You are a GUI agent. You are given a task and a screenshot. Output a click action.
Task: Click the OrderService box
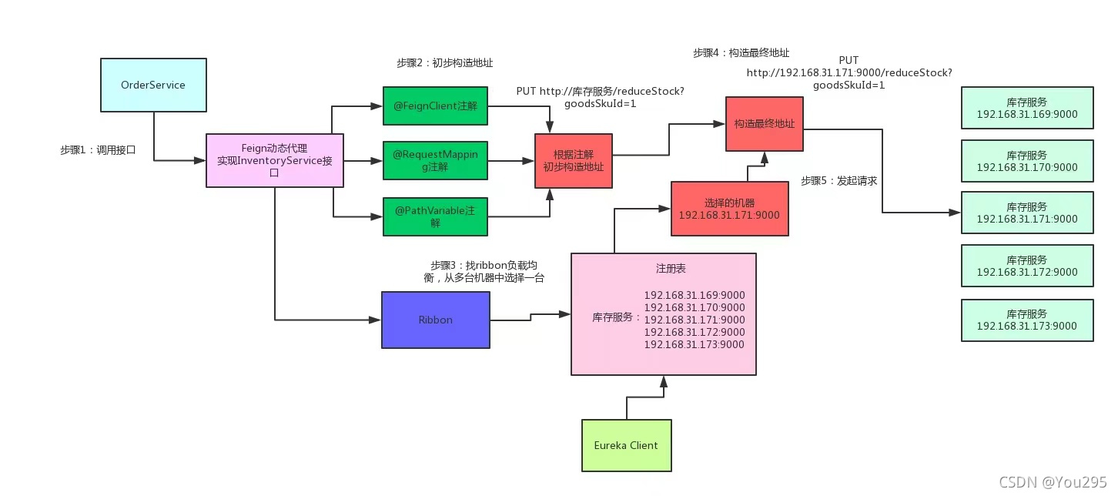153,85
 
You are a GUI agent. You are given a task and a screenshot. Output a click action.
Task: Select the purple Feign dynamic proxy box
275,160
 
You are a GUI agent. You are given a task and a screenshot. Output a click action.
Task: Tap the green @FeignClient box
435,106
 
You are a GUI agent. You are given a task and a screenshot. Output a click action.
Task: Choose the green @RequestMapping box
435,160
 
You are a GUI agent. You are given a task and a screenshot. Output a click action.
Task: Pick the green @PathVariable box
435,216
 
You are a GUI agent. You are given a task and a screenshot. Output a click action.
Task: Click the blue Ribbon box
436,320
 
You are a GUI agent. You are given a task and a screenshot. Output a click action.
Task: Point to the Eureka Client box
627,445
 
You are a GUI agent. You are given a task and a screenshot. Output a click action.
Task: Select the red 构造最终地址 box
764,124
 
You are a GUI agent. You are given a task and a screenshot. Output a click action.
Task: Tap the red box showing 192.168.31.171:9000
730,209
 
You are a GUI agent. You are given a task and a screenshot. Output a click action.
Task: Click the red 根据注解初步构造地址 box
574,161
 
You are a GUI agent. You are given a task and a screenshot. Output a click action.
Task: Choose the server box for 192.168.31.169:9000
1027,108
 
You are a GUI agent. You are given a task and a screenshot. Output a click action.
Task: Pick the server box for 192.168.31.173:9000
1027,320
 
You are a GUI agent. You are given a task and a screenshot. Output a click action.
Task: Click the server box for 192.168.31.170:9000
1027,161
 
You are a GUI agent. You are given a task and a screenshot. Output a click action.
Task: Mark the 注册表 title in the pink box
671,269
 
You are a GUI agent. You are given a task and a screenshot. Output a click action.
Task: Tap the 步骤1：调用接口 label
98,150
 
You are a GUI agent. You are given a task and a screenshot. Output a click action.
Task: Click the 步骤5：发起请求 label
839,181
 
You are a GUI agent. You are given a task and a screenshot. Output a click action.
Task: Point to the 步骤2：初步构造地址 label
445,63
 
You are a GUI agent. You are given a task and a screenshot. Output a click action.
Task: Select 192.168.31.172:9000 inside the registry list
695,332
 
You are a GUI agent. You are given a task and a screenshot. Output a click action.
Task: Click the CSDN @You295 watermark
1053,481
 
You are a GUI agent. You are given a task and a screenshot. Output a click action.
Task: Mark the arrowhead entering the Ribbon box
375,320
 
